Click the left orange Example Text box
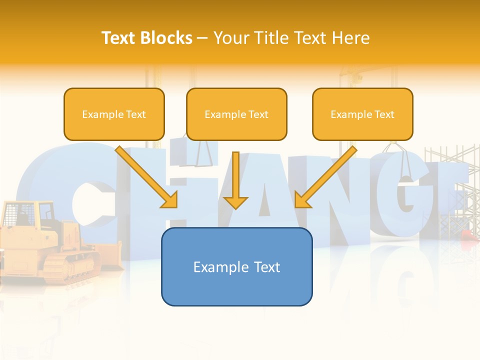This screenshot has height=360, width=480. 114,114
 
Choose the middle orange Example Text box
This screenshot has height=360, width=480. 236,114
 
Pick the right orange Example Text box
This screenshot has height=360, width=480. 362,114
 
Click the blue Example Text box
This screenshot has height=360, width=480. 236,266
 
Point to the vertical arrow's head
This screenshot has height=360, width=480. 235,202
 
